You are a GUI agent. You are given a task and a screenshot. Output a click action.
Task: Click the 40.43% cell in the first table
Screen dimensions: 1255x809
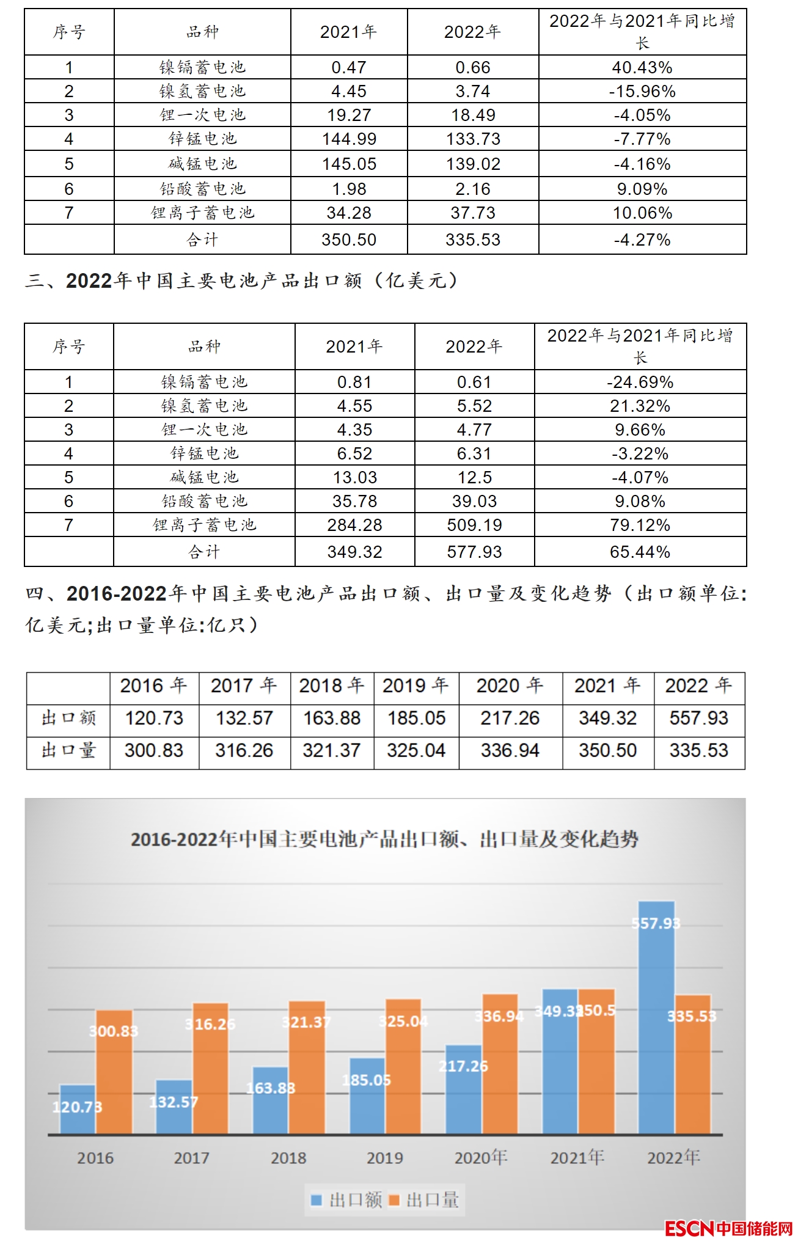642,67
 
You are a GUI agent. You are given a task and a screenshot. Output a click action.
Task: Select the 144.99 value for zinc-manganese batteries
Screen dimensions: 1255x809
349,139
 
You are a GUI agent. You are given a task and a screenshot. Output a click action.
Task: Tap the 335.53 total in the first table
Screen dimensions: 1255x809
473,240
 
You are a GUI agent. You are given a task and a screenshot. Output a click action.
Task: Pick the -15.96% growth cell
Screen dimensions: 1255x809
642,92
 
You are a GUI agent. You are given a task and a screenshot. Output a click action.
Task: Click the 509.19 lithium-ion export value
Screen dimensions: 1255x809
474,525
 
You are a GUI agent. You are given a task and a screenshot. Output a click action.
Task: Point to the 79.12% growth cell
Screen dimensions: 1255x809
640,525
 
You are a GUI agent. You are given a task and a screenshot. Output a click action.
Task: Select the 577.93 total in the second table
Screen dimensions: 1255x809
474,552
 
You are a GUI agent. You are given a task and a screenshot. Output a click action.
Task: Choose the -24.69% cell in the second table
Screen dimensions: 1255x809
640,382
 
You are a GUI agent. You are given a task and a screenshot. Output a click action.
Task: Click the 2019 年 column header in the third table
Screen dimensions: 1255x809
416,686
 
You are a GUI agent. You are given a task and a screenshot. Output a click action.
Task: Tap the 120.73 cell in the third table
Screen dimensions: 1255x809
154,718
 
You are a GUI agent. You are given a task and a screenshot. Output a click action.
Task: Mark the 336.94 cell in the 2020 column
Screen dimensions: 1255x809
510,750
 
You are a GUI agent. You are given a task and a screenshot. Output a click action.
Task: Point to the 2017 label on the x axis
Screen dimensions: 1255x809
191,1158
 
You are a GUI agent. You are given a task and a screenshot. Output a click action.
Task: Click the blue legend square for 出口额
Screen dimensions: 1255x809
317,1201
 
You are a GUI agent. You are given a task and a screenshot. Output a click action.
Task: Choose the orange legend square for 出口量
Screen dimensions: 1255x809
394,1201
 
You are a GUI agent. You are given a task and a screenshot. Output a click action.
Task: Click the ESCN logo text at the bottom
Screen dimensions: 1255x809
689,1229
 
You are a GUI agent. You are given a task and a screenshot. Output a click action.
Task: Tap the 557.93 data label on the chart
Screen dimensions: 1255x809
656,923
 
